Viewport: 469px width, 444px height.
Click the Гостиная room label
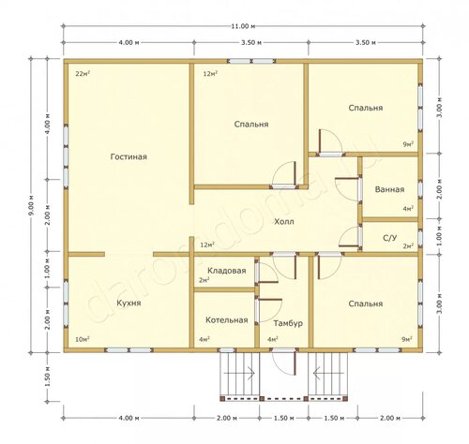pyautogui.click(x=129, y=156)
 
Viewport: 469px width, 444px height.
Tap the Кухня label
pyautogui.click(x=129, y=303)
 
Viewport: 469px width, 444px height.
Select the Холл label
pyautogui.click(x=284, y=222)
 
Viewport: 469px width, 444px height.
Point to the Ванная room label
pyautogui.click(x=389, y=189)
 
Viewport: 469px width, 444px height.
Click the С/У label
pyautogui.click(x=390, y=238)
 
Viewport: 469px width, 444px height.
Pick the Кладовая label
pyautogui.click(x=227, y=271)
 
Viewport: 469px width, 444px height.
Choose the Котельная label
pyautogui.click(x=227, y=320)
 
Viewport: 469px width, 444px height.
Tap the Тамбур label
pyautogui.click(x=288, y=323)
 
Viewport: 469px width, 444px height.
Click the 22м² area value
pyautogui.click(x=83, y=74)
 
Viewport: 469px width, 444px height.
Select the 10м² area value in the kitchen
pyautogui.click(x=83, y=339)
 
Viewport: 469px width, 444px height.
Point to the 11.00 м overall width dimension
pyautogui.click(x=243, y=26)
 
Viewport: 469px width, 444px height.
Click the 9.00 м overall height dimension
pyautogui.click(x=31, y=205)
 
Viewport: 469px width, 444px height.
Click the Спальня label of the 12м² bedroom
pyautogui.click(x=251, y=125)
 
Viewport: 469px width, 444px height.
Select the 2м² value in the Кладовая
pyautogui.click(x=204, y=280)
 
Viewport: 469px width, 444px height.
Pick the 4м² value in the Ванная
pyautogui.click(x=408, y=209)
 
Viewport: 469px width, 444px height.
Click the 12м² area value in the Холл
pyautogui.click(x=207, y=244)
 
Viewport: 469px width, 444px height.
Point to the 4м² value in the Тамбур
pyautogui.click(x=273, y=339)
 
